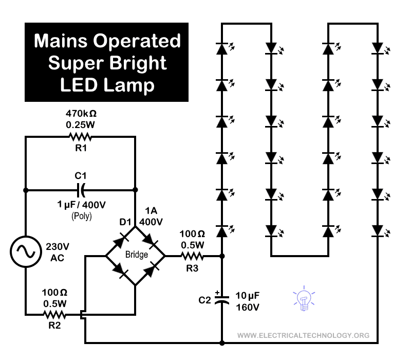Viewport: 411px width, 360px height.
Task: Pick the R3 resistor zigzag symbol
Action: click(192, 255)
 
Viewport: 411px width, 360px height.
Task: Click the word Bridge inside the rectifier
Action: click(136, 255)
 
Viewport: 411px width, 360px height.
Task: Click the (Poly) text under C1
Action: click(82, 216)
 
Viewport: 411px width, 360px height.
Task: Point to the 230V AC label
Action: click(58, 252)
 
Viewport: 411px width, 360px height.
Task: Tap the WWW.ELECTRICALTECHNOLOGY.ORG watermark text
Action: click(304, 336)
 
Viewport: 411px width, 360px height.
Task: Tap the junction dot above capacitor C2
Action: click(222, 255)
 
